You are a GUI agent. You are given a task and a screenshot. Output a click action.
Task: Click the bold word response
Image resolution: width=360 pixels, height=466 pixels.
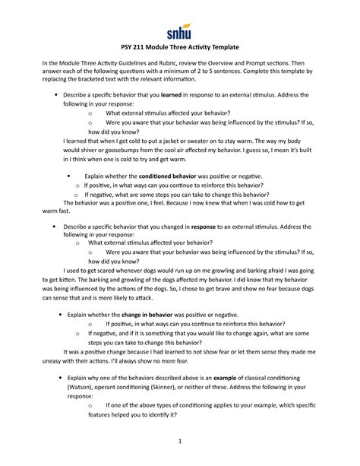pos(207,226)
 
